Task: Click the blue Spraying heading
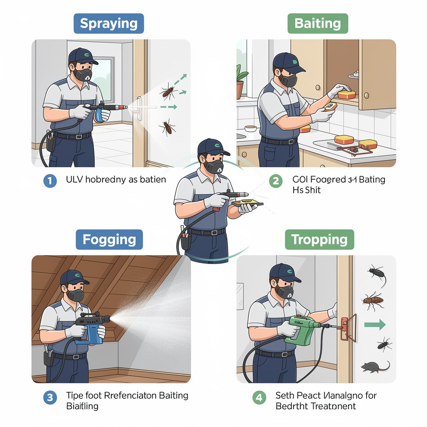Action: pos(108,23)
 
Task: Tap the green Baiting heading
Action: pos(318,23)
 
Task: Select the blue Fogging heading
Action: pos(109,240)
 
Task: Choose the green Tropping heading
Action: pos(319,240)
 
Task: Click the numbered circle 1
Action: pos(50,181)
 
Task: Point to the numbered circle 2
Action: pos(275,181)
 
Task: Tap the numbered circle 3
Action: pos(50,397)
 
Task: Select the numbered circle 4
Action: pos(259,397)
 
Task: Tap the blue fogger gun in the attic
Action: pos(93,327)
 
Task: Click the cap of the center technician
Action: pos(213,147)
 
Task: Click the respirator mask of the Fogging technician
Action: pos(75,295)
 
